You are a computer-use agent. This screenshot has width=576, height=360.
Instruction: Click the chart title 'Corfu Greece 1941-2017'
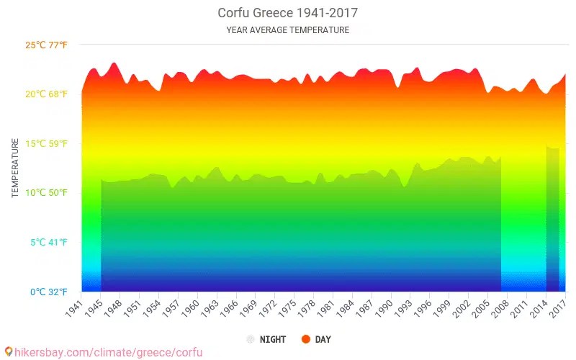287,13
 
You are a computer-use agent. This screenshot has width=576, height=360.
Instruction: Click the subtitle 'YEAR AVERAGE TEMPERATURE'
287,30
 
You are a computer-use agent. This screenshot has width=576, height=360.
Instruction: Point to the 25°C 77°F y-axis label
46,45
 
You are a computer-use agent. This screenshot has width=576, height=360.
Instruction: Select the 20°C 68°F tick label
46,94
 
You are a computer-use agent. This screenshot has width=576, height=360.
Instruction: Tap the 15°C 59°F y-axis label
46,143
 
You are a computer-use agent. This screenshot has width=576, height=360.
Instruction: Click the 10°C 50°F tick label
46,193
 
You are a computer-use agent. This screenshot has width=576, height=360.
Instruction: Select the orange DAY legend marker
305,339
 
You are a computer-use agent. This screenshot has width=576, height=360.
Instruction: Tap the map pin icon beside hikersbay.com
8,352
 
